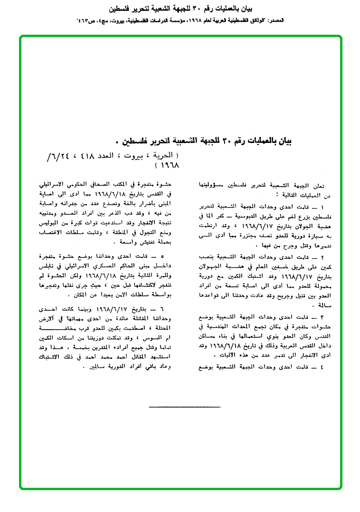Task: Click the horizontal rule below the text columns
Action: click(184, 407)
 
